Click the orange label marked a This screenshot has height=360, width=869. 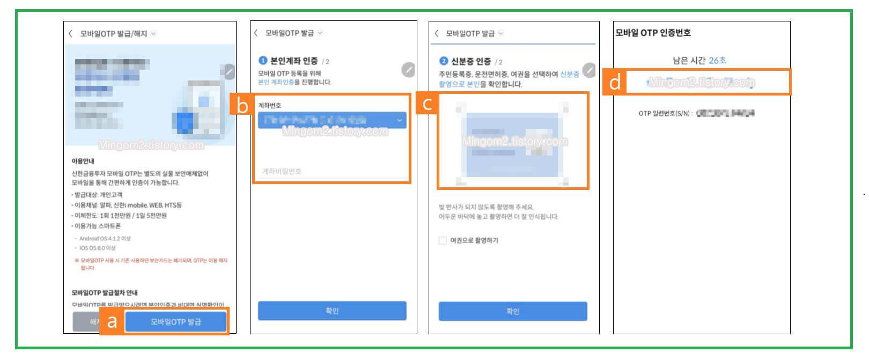112,321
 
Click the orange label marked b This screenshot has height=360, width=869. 242,106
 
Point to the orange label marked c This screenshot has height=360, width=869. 427,104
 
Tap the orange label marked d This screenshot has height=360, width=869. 615,83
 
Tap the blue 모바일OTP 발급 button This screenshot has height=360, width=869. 176,321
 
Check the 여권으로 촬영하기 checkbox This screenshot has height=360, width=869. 443,240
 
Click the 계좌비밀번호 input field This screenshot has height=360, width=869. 332,171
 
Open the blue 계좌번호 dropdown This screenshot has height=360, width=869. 332,120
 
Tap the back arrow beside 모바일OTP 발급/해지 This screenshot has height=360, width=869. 70,33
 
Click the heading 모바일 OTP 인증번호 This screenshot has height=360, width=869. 653,33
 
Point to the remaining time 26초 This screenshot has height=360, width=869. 717,60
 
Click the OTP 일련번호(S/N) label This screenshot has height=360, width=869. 664,114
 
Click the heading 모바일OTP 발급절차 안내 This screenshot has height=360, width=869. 105,292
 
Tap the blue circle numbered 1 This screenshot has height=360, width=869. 263,61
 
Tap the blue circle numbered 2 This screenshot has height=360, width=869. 444,61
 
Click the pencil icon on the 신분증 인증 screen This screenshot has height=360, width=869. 589,70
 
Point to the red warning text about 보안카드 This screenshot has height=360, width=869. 151,263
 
